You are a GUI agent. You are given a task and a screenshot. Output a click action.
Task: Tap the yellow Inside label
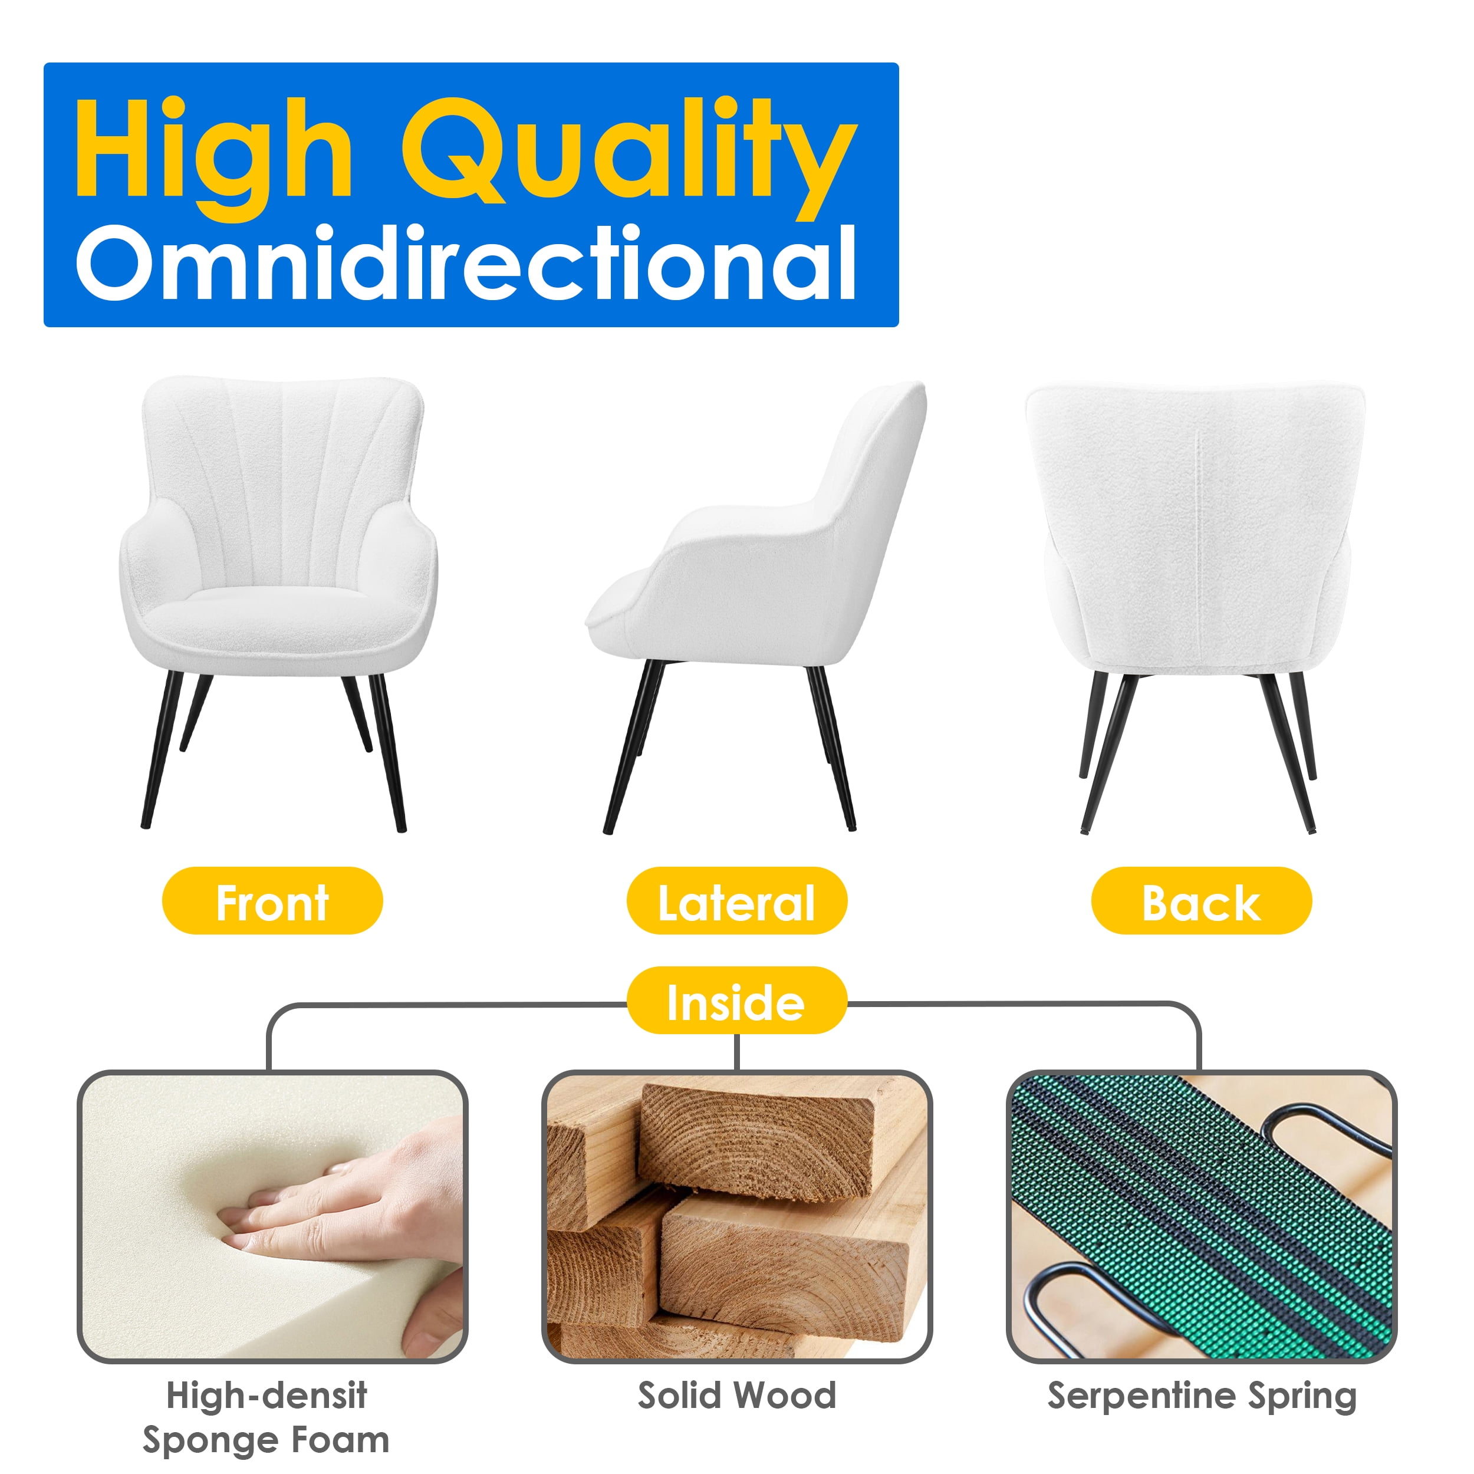[x=737, y=1002]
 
